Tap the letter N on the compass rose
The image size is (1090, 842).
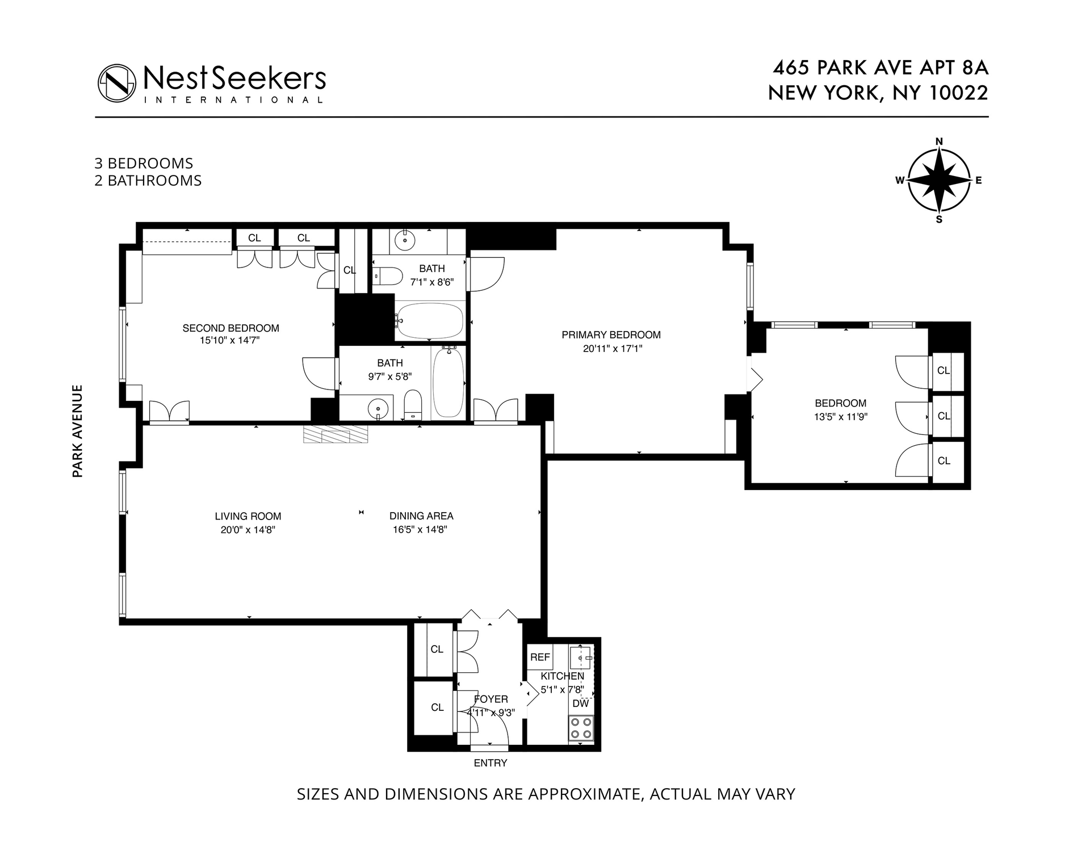coord(939,142)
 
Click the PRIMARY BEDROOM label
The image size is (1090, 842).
coord(611,335)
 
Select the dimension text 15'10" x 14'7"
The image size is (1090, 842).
coord(230,341)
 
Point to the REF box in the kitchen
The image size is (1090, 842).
coord(540,657)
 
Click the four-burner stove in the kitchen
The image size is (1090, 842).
coord(581,728)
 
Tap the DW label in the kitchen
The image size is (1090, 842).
coord(580,703)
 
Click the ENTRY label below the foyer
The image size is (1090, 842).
coord(490,763)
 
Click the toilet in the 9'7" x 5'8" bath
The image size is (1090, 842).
coord(413,404)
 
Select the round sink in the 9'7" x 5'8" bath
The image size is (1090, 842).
coord(378,408)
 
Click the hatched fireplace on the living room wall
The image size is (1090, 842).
coord(336,435)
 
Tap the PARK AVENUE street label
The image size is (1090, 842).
coord(78,431)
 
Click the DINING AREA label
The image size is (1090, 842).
coord(421,516)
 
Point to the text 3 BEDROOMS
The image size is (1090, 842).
coord(144,164)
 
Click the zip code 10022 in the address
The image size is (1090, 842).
coord(958,93)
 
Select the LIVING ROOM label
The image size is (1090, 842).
coord(248,516)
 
